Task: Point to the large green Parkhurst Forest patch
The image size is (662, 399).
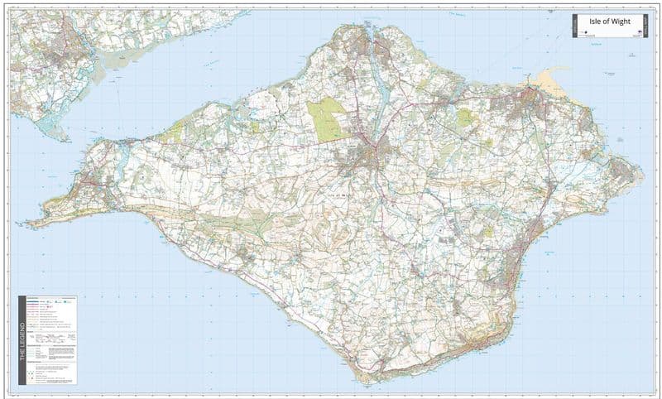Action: pos(328,118)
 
